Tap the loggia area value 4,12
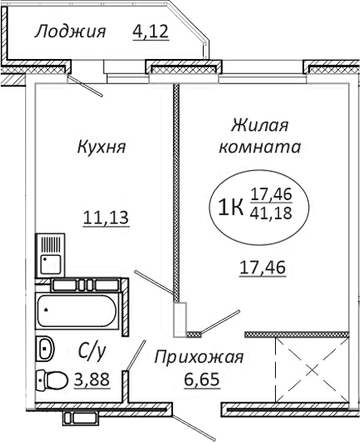(x=152, y=32)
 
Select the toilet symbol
(x=53, y=379)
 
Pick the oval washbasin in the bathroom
(x=45, y=349)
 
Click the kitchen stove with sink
(x=51, y=253)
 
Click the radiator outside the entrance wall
(x=95, y=419)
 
